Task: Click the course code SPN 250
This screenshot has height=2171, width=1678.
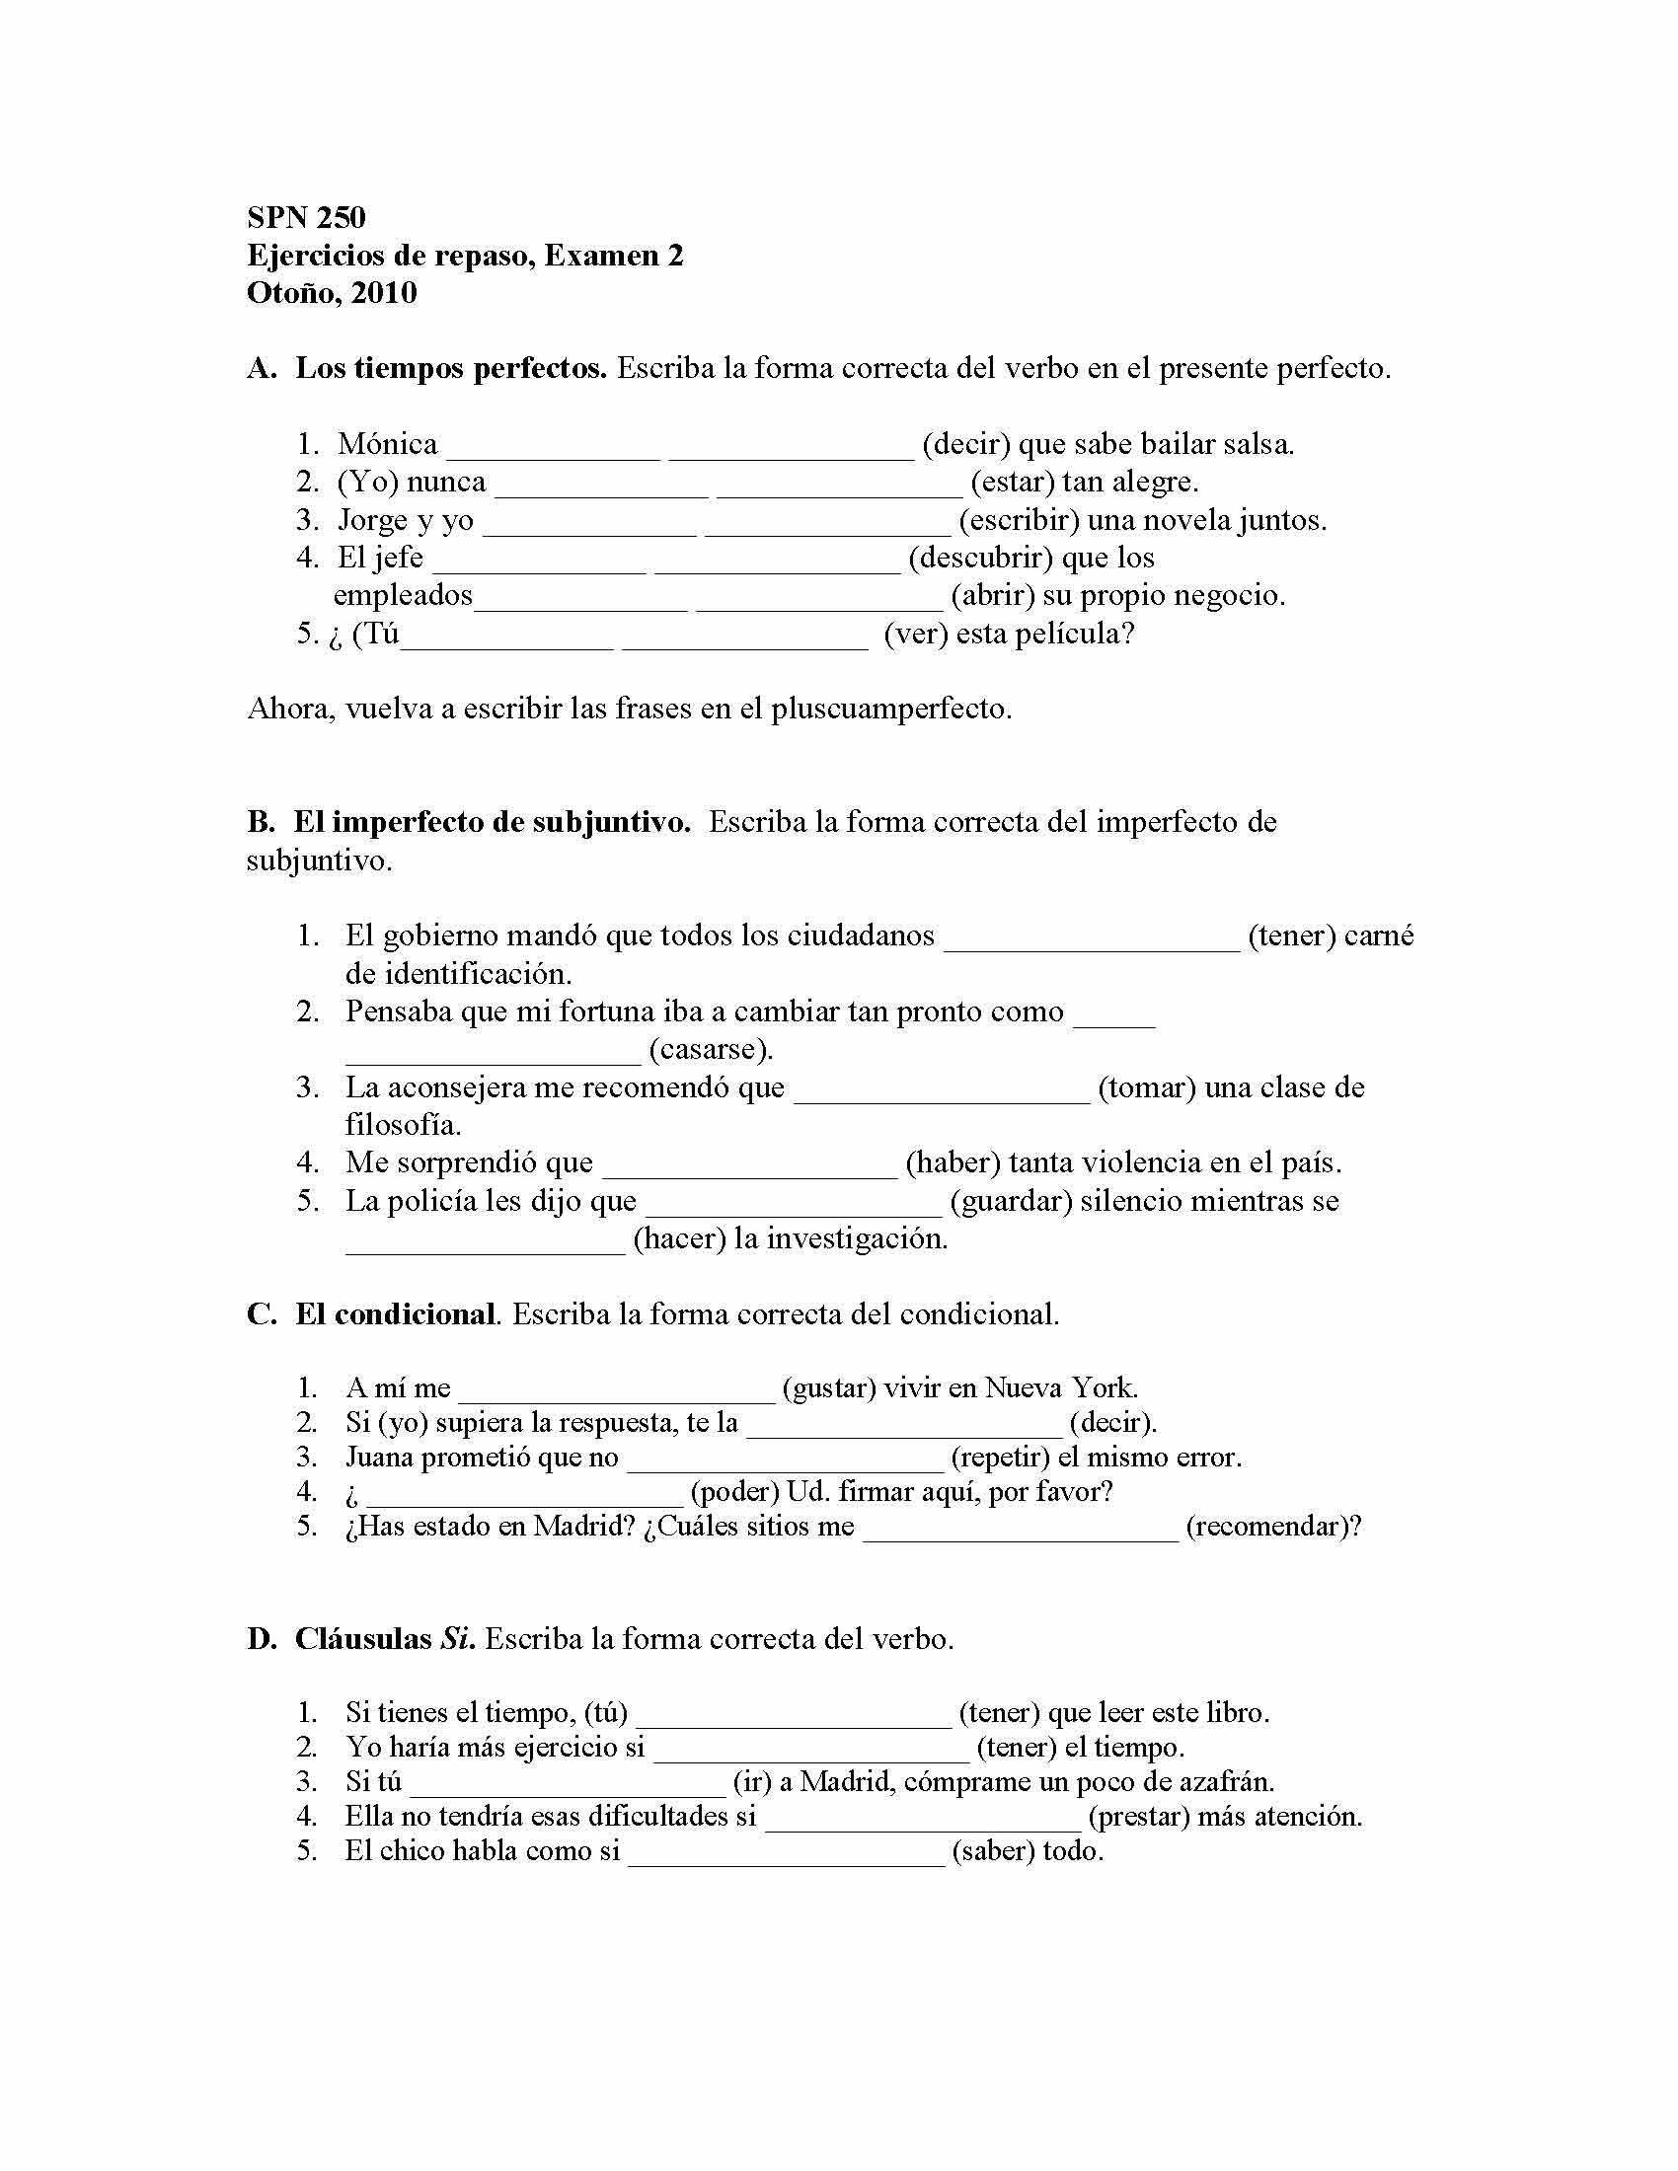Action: tap(306, 218)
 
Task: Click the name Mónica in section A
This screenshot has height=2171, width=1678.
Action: tap(388, 444)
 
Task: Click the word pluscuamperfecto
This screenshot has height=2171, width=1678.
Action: tap(891, 709)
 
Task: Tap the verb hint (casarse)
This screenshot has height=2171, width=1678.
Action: tap(711, 1050)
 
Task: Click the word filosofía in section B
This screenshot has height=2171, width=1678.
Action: tap(404, 1125)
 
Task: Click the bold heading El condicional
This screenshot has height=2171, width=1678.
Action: tap(395, 1314)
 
